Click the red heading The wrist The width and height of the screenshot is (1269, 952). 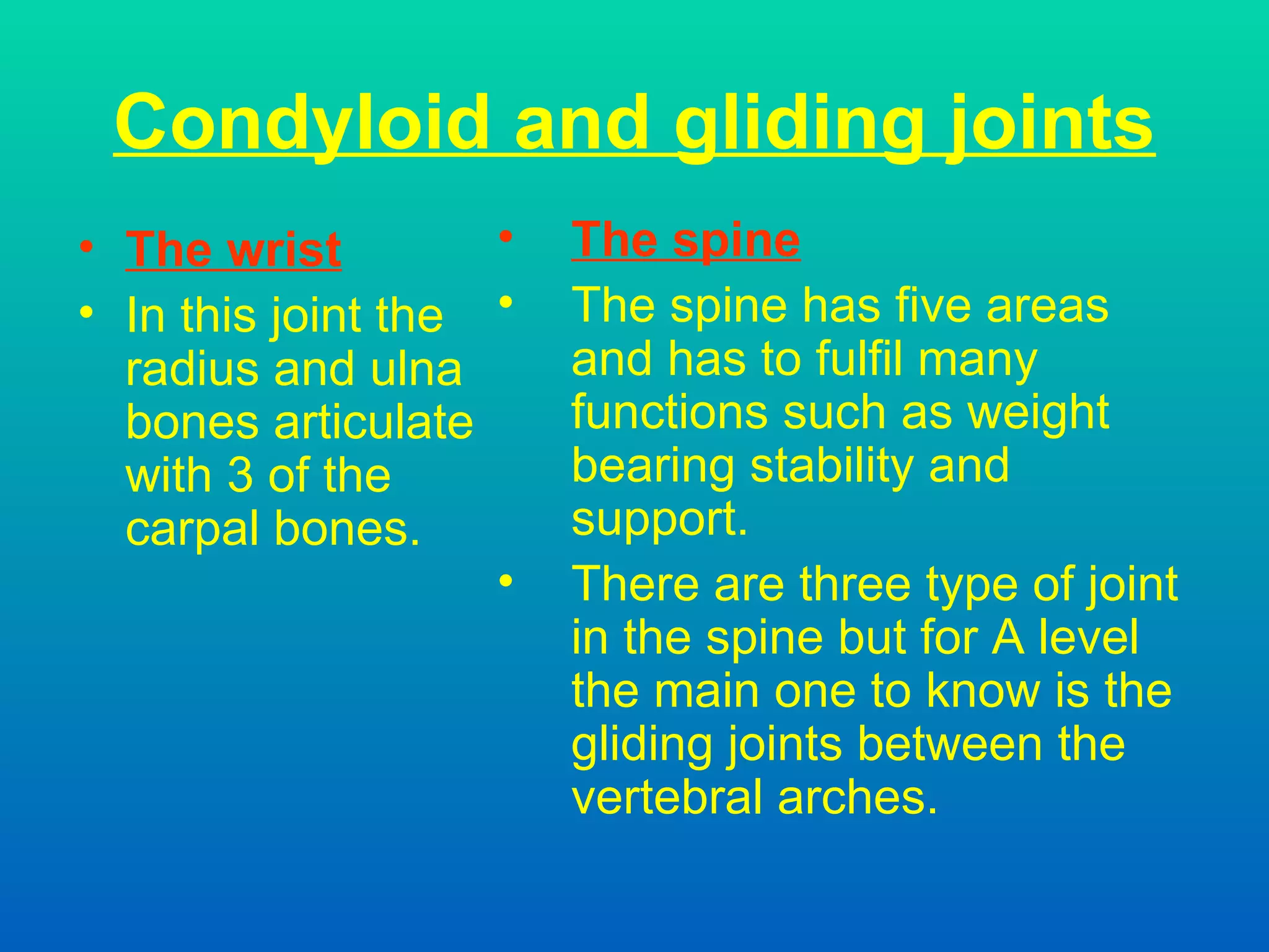pos(233,249)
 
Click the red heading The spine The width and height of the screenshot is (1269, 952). pos(685,240)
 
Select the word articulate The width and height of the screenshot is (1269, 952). pos(374,423)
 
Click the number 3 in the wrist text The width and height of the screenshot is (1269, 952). pos(240,476)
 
